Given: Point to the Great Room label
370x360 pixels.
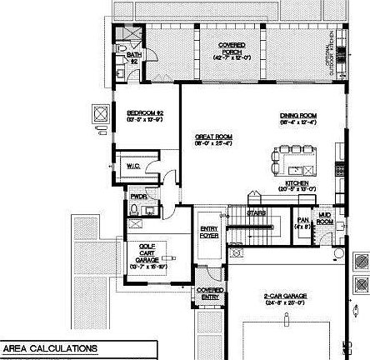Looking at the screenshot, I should [213, 138].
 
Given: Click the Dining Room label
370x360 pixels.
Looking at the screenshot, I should [296, 118].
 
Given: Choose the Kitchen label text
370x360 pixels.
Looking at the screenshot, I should [297, 185].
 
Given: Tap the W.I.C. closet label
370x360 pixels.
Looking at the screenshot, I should [133, 167].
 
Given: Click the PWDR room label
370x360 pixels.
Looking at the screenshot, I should [137, 197].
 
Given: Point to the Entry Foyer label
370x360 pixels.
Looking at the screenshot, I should [208, 232].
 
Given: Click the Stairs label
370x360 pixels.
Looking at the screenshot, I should [256, 212].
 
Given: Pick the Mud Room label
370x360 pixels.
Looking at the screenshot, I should [325, 220].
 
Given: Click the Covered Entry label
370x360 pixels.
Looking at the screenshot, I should [210, 292].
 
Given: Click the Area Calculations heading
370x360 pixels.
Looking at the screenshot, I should [49, 348].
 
